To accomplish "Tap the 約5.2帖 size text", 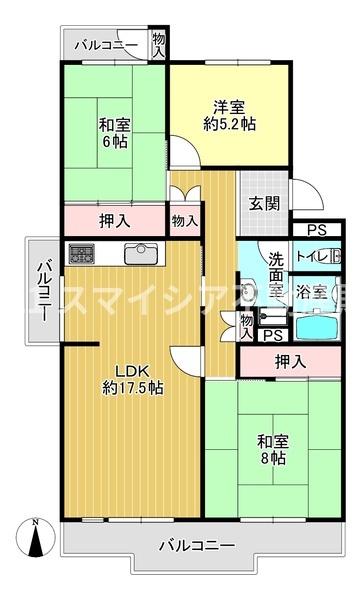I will coord(229,125).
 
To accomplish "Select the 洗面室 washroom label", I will coord(276,276).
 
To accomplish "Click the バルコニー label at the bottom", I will coord(196,545).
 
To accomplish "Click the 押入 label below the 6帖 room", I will coord(111,217).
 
